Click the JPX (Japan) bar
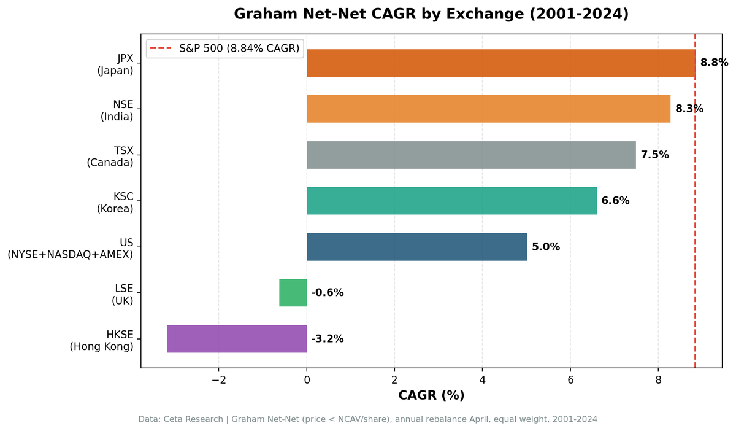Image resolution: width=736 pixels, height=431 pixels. tap(500, 63)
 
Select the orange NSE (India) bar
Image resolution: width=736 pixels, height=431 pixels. tap(488, 109)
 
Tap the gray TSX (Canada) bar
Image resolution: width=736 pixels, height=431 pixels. tap(471, 155)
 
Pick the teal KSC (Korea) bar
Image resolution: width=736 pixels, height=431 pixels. tap(451, 201)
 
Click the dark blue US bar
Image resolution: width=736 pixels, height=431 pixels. tap(416, 247)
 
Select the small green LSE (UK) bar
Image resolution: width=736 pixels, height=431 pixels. tap(293, 293)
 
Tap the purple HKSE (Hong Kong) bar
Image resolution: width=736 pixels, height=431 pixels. tap(237, 339)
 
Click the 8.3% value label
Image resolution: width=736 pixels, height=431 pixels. tap(689, 109)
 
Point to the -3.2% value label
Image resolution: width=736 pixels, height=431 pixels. tap(328, 339)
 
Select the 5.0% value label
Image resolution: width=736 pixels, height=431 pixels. tap(546, 247)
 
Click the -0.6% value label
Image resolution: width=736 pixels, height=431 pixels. tap(328, 293)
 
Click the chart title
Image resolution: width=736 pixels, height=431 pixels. tap(431, 14)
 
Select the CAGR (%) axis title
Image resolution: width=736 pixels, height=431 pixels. tap(431, 395)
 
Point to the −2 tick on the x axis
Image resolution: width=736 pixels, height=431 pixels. tap(218, 379)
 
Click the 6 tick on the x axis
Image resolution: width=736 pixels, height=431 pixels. tap(570, 379)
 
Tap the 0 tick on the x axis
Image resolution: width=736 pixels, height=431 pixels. tap(307, 379)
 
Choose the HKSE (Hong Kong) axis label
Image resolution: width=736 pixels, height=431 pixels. tap(101, 339)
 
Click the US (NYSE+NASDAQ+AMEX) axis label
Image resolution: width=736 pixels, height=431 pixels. tap(71, 247)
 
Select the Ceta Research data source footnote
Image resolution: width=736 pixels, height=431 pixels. tap(367, 419)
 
